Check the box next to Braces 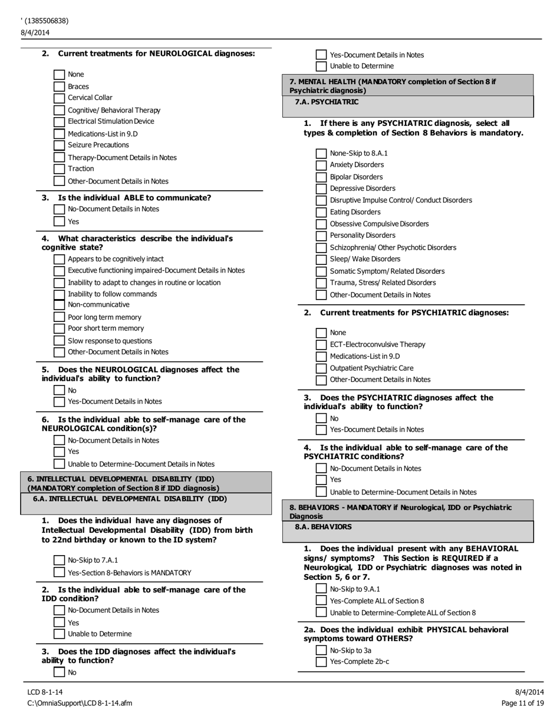coord(59,87)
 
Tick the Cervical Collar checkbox coord(59,98)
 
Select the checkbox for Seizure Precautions coord(59,145)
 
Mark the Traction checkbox coord(59,169)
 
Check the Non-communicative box coord(59,305)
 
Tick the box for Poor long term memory coord(59,317)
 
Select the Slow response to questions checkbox coord(59,341)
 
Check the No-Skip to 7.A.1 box coord(59,560)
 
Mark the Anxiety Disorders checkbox coord(321,165)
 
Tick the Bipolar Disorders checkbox coord(321,177)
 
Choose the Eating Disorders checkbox coord(321,212)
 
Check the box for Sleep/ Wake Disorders coord(321,260)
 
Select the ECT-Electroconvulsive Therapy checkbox coord(321,345)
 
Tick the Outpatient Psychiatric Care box coord(321,368)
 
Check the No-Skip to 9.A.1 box coord(321,589)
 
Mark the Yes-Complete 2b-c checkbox coord(321,662)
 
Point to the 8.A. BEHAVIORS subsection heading coord(323,527)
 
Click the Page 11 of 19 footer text coord(523,703)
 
